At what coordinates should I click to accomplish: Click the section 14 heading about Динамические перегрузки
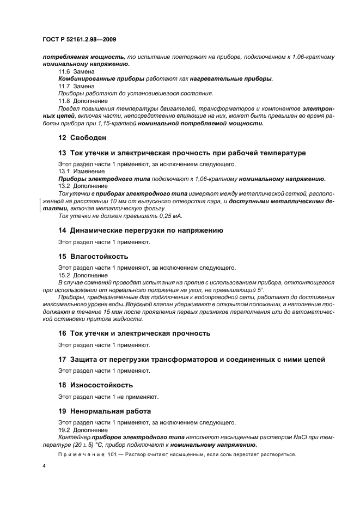click(x=141, y=230)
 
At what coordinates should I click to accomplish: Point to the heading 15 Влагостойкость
click(x=93, y=256)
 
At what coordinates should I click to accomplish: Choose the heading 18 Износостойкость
click(x=95, y=384)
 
